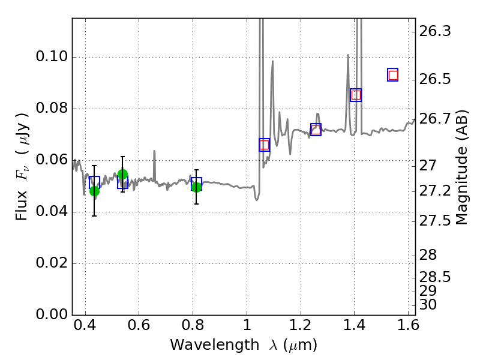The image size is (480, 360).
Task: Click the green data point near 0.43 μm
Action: point(94,191)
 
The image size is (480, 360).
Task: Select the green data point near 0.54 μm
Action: point(122,175)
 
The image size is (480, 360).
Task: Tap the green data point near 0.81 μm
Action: point(196,187)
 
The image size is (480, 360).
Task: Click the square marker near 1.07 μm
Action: point(265,145)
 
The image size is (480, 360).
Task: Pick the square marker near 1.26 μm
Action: point(316,130)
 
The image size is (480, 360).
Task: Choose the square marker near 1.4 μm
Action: point(356,95)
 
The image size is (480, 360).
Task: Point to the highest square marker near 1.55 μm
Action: point(393,75)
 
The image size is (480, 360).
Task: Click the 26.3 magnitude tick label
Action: point(433,31)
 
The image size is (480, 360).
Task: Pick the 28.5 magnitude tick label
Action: point(433,278)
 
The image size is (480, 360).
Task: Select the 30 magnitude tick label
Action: point(428,305)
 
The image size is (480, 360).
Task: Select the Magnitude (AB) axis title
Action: point(461,167)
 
